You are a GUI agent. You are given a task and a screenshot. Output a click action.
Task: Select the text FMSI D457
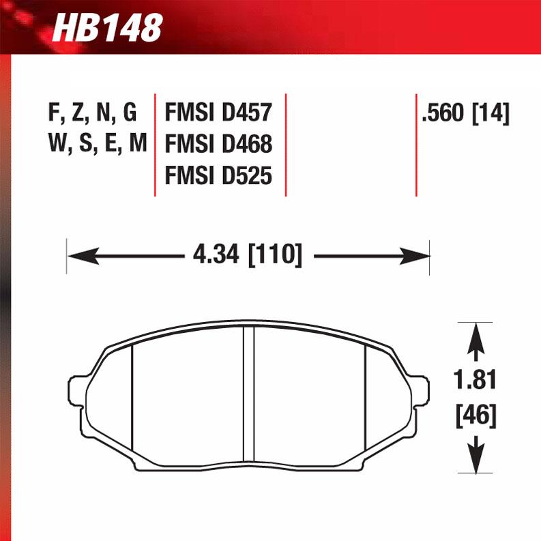(218, 111)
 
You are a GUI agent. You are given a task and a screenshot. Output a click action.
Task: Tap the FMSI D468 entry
(218, 143)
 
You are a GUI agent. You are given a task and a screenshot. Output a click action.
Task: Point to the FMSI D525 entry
(218, 176)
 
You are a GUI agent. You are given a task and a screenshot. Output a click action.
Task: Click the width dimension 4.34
(216, 256)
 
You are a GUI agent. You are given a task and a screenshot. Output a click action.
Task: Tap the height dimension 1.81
(476, 379)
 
